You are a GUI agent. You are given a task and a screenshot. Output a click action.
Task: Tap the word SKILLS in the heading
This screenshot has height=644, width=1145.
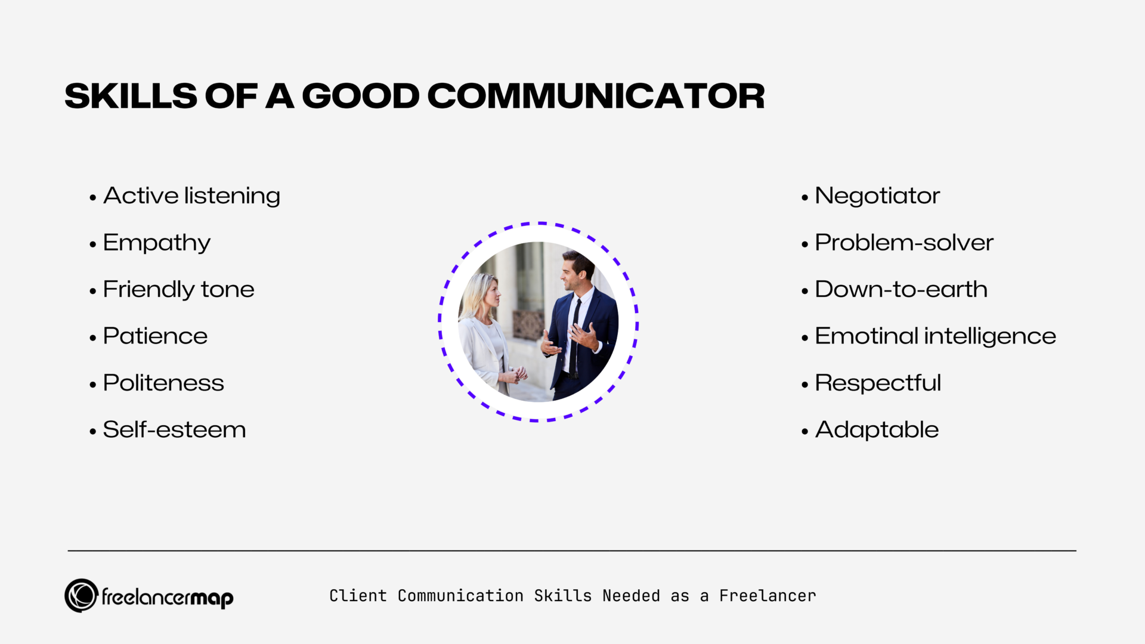(131, 96)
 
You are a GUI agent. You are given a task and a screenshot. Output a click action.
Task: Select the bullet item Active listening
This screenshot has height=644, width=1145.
(191, 196)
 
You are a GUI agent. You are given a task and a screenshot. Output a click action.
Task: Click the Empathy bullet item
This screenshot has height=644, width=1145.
(156, 243)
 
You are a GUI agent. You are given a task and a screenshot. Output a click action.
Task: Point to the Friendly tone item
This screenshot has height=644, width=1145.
(178, 290)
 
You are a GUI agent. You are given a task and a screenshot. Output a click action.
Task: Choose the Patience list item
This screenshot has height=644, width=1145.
(155, 336)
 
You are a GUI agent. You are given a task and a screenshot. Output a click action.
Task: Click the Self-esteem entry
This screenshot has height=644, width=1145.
(174, 430)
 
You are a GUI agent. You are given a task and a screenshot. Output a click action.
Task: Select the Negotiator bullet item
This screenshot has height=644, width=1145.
(877, 196)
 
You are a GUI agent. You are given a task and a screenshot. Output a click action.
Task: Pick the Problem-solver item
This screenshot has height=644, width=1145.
(903, 243)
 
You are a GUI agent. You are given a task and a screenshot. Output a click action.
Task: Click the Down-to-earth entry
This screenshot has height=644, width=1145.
(900, 290)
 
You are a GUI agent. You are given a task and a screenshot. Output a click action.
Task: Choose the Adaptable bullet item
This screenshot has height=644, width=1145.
(876, 430)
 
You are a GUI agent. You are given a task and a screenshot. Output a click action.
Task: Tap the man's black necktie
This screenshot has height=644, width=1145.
(575, 340)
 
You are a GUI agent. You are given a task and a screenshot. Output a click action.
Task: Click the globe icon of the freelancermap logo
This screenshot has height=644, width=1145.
(81, 595)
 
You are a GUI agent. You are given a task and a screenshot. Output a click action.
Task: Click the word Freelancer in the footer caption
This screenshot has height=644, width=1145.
(768, 596)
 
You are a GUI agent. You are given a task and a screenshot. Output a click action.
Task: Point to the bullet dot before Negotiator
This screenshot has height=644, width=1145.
(804, 197)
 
